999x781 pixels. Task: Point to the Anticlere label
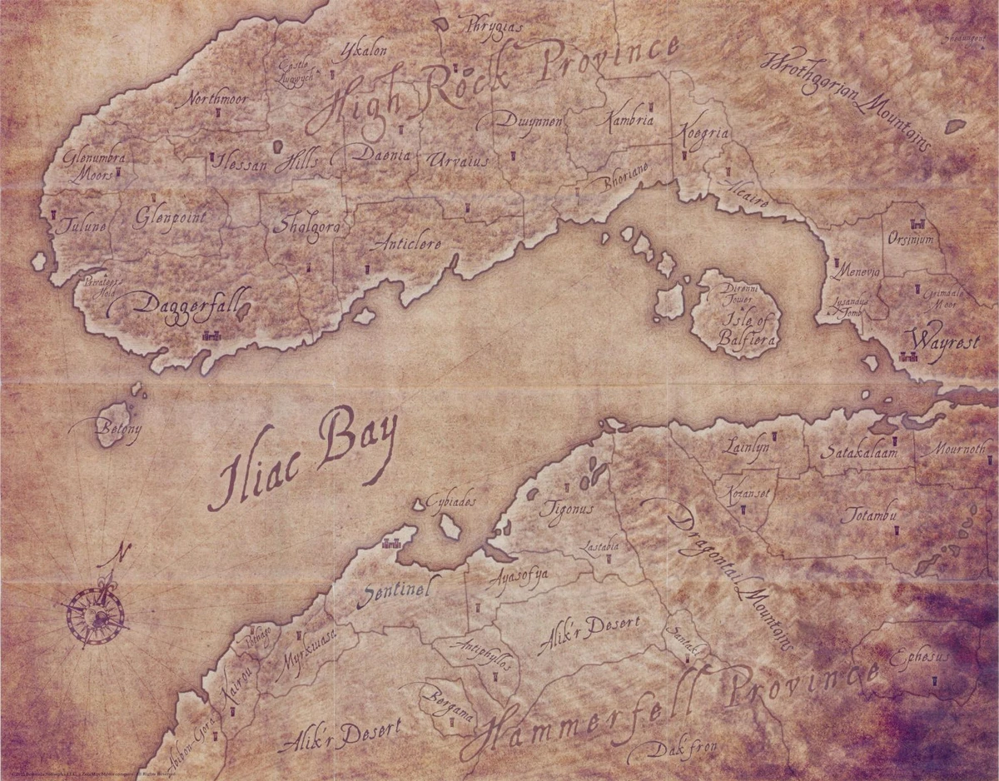[408, 244]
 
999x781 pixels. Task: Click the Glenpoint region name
[170, 217]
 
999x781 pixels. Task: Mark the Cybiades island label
[450, 502]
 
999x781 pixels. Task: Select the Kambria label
[630, 120]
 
